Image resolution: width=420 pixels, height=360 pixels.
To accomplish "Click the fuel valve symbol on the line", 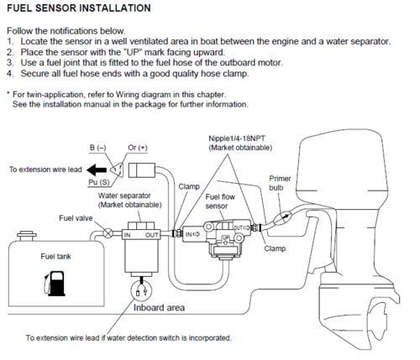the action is pos(108,232).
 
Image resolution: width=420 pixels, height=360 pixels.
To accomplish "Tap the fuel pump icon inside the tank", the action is pos(55,284).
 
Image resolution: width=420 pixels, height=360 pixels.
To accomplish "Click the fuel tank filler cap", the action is pos(27,236).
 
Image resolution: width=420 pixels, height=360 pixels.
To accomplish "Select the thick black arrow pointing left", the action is pos(97,170).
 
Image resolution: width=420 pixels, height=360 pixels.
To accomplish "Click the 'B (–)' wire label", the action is pos(98,148).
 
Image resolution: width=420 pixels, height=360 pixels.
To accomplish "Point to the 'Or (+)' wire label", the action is pos(138,148).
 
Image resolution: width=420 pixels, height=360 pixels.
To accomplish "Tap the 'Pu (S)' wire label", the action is pos(99,182).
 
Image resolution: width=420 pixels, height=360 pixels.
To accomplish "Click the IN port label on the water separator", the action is pos(128,235).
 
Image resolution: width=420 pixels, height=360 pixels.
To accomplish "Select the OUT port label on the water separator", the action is pos(151,235).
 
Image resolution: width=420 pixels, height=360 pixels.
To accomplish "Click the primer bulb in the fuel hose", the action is pos(283,217).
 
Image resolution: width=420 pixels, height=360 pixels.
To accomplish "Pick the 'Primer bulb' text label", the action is pos(280,183).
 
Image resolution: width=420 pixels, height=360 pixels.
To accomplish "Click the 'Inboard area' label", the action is pos(159,308).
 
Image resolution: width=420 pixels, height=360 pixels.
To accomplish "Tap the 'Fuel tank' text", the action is pos(55,257).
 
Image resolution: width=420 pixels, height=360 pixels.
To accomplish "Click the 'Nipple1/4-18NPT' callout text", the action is pos(237,138).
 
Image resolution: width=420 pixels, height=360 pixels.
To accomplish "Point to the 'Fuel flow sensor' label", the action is pos(220,201).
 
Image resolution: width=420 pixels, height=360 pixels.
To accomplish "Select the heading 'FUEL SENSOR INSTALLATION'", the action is pos(79,8).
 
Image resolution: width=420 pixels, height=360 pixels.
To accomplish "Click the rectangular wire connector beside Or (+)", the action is pos(141,170).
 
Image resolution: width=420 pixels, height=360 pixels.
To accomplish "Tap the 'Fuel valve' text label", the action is pos(76,218).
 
